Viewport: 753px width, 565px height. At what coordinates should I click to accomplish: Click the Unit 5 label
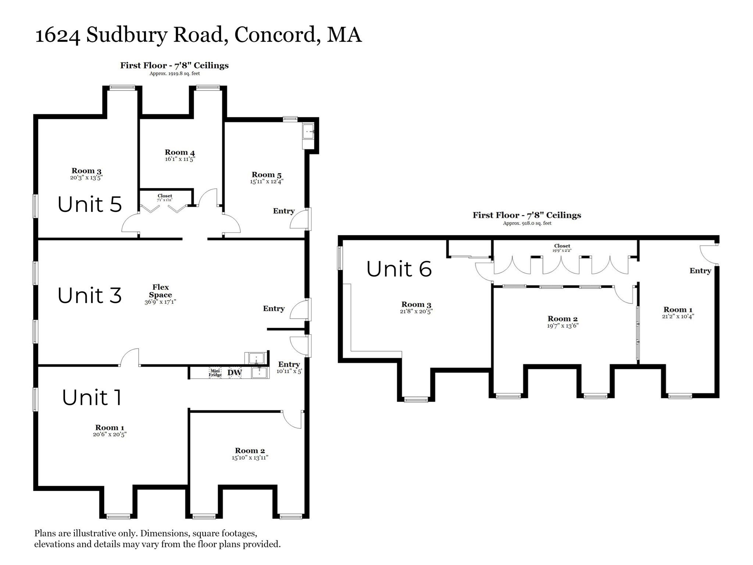coord(90,204)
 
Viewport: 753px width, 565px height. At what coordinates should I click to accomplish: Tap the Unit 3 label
coord(90,295)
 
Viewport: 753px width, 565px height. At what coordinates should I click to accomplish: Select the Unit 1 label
coord(92,397)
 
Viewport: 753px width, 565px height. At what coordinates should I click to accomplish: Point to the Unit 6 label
coord(399,269)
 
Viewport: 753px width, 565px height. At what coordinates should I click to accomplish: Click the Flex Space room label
coord(161,291)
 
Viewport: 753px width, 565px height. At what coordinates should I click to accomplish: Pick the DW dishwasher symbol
coord(235,373)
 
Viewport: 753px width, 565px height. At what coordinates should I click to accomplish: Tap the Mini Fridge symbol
coord(215,373)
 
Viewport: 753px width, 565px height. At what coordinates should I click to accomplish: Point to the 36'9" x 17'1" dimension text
coord(161,302)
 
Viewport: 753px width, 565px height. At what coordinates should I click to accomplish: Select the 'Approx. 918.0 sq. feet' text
coord(527,223)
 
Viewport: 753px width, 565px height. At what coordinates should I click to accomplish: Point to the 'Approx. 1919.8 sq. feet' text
coord(175,74)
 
